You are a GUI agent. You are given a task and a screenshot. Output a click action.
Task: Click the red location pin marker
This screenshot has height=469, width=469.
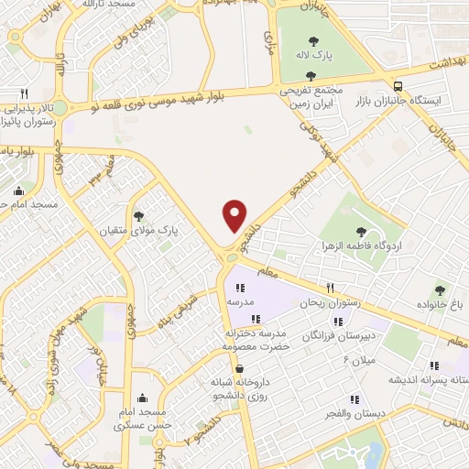tap(235, 214)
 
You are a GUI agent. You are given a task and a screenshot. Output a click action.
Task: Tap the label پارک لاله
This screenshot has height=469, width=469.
tap(313, 55)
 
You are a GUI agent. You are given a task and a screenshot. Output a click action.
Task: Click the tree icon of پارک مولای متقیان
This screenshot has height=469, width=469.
tap(138, 217)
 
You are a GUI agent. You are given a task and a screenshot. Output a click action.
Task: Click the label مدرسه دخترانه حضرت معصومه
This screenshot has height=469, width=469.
tap(256, 340)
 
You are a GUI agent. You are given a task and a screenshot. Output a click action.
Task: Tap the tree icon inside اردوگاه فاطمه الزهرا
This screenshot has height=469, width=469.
tap(354, 232)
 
